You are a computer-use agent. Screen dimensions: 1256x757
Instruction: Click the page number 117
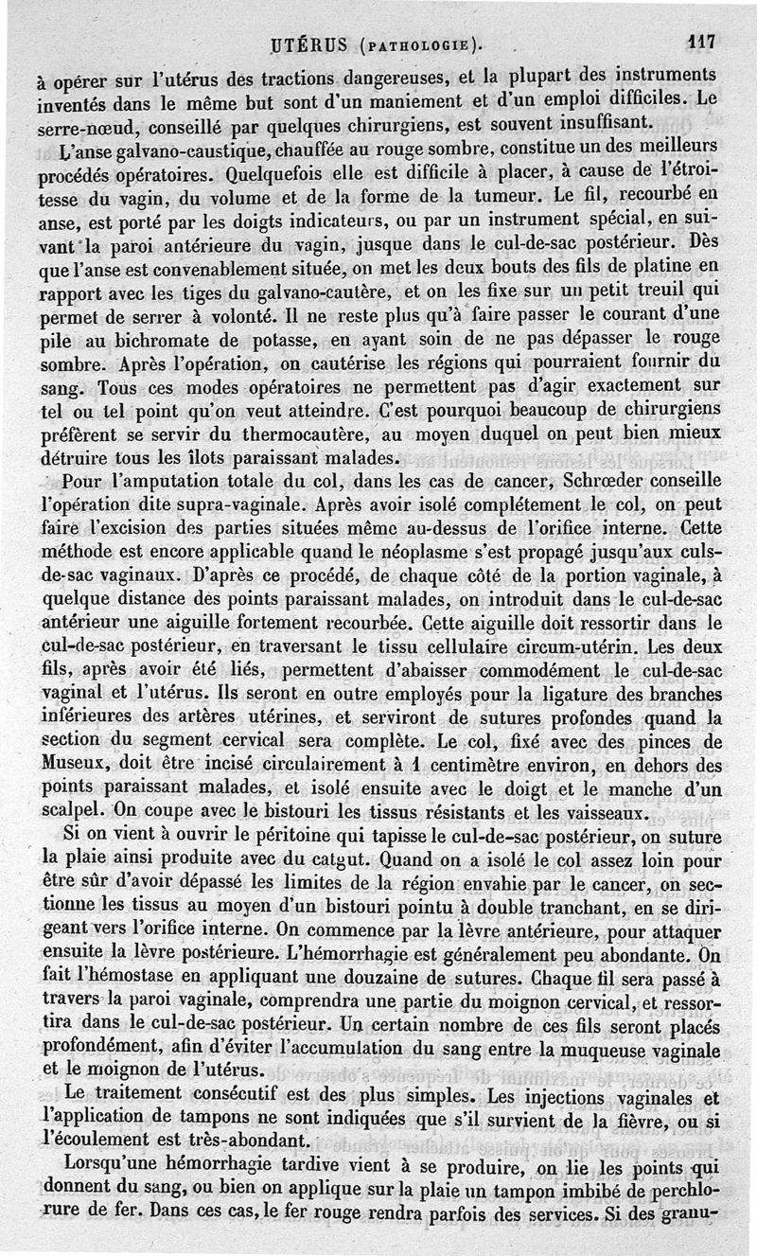pos(702,41)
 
